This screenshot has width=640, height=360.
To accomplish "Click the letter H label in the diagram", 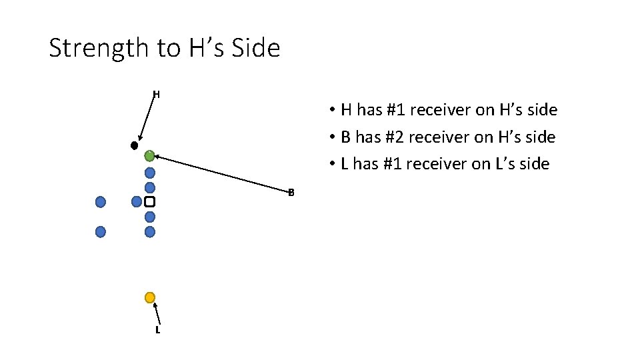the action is (x=156, y=94).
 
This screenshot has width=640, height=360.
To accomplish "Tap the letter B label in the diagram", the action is (x=291, y=193).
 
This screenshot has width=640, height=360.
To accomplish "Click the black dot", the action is (x=135, y=145).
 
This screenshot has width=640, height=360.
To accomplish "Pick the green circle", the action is (x=149, y=156).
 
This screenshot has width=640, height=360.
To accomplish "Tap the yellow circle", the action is (x=150, y=297).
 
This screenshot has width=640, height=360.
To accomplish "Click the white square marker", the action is (x=150, y=201).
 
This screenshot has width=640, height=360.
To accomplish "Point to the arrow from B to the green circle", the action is (x=220, y=175).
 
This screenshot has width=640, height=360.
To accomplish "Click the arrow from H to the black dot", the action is (x=145, y=118).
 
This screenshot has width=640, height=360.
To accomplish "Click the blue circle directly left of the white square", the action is (x=137, y=201).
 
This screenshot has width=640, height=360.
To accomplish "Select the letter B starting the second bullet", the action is (x=345, y=137).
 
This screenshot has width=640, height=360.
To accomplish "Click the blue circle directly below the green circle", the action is (x=150, y=173).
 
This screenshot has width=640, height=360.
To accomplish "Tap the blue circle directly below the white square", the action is (x=150, y=217).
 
